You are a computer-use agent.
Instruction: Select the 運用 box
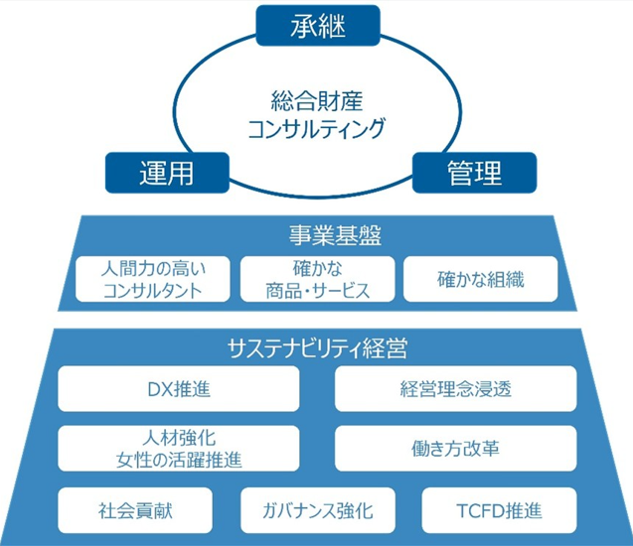click(x=163, y=171)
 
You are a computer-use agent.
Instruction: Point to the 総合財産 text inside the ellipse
click(x=316, y=100)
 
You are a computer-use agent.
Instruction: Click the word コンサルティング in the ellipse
click(x=316, y=128)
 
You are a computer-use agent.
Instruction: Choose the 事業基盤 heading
click(x=316, y=235)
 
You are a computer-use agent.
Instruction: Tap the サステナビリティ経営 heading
click(x=316, y=348)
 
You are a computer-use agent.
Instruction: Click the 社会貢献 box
click(x=134, y=511)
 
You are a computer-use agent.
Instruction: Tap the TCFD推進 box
click(x=497, y=511)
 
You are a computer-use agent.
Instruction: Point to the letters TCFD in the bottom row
click(x=474, y=511)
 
